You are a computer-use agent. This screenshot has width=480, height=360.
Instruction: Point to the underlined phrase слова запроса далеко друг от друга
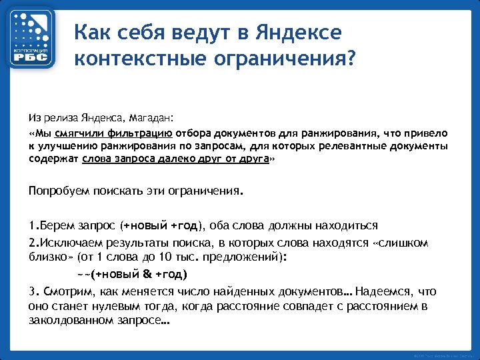[175, 160]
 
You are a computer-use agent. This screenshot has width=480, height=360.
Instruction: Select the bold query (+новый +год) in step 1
[167, 225]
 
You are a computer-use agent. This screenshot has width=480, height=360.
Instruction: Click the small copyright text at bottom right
[444, 354]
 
